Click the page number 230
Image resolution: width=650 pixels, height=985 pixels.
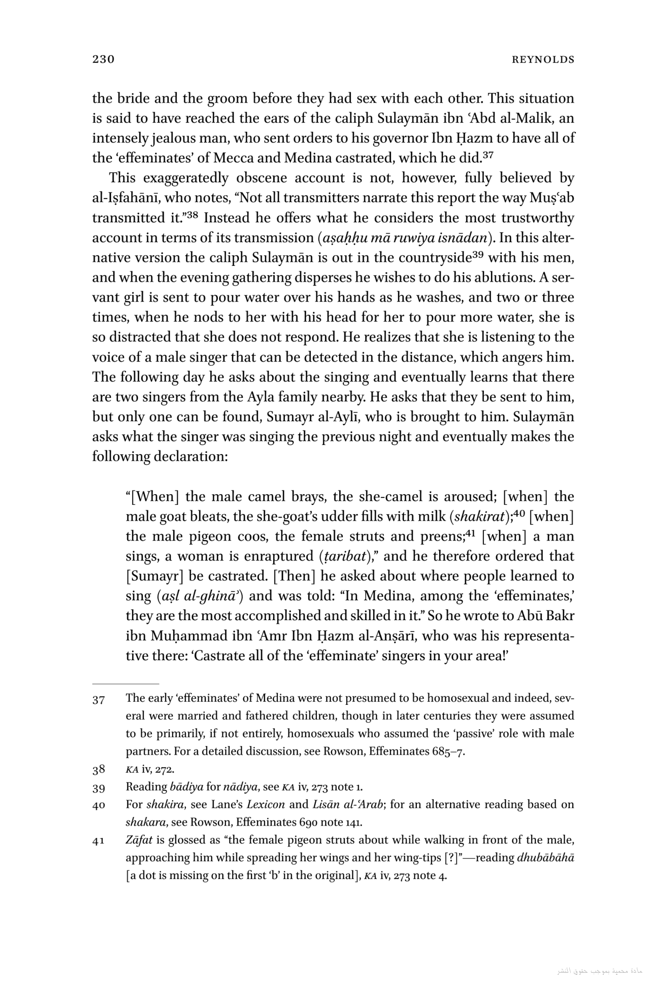pyautogui.click(x=103, y=59)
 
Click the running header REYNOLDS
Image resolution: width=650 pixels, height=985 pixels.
pyautogui.click(x=543, y=60)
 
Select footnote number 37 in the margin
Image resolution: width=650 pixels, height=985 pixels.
pyautogui.click(x=99, y=700)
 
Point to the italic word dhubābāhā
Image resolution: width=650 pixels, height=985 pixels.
pyautogui.click(x=545, y=858)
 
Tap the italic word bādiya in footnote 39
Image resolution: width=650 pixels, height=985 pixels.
pyautogui.click(x=186, y=787)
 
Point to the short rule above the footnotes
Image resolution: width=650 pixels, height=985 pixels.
pyautogui.click(x=125, y=684)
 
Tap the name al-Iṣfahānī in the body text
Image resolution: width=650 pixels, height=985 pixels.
pyautogui.click(x=126, y=198)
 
